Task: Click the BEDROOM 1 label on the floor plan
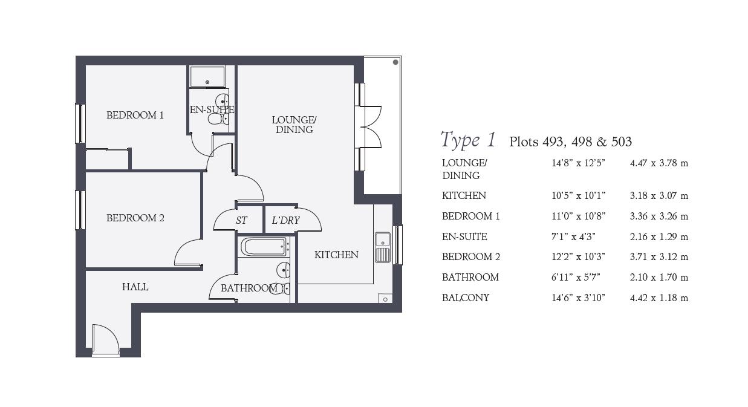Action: [x=135, y=115]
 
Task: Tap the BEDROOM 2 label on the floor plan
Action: [x=135, y=218]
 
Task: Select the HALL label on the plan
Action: [x=135, y=287]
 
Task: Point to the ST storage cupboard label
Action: [x=241, y=220]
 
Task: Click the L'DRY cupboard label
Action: [x=286, y=220]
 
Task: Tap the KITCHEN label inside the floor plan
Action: [x=336, y=255]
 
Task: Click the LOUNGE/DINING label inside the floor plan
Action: [x=294, y=125]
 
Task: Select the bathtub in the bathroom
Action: [x=264, y=247]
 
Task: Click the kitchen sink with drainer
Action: [x=383, y=247]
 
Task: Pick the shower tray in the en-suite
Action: [x=207, y=76]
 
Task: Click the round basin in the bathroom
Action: [x=284, y=270]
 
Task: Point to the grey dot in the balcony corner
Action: [x=395, y=62]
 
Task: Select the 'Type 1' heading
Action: [x=468, y=140]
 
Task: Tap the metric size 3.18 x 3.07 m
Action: [x=659, y=196]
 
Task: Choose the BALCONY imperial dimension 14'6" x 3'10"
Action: [x=578, y=298]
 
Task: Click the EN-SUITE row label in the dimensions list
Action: [x=464, y=236]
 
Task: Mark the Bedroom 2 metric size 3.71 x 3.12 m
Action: [x=659, y=257]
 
